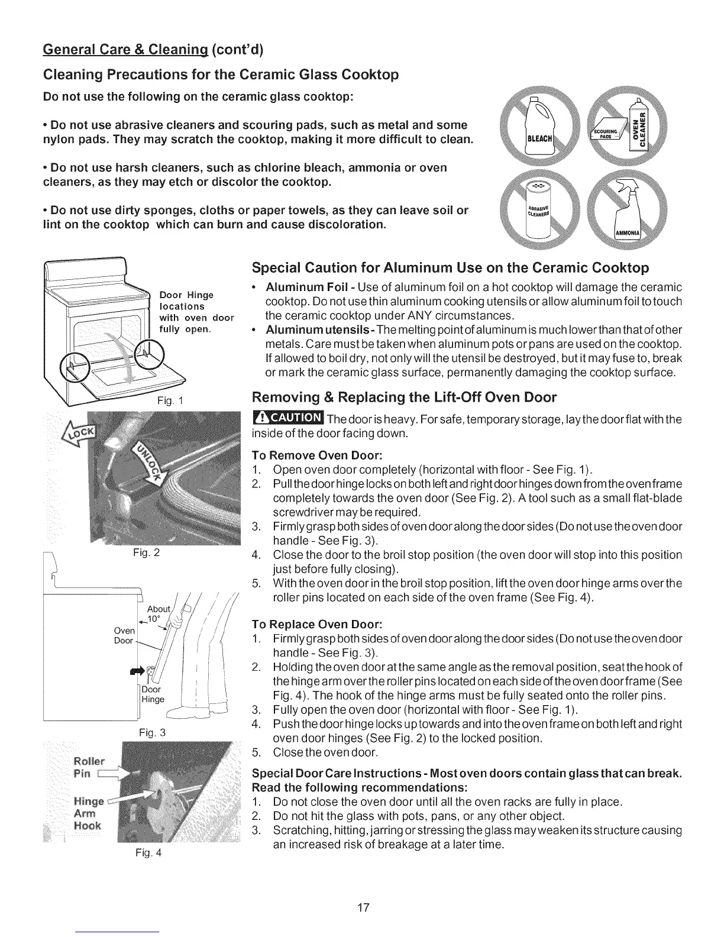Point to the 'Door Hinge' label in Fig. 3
[152, 694]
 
